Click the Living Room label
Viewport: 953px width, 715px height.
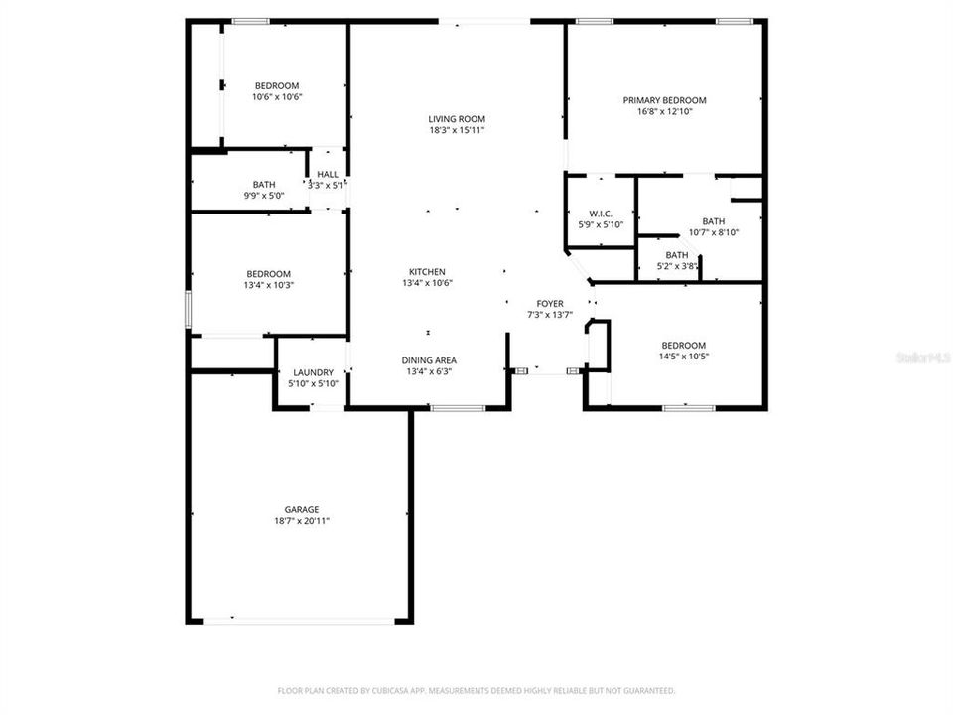457,119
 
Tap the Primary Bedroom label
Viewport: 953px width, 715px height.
664,100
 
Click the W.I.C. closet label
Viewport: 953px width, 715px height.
601,214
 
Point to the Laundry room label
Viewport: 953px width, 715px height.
313,372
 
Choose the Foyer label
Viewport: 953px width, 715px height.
550,304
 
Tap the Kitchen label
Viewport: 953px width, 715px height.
427,272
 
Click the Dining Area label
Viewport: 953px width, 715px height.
429,360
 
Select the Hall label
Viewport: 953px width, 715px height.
328,175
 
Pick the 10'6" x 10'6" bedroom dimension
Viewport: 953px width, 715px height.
276,97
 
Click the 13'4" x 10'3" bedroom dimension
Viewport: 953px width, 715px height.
269,285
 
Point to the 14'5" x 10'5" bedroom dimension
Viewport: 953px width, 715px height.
684,357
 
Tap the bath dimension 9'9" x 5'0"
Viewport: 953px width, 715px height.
264,196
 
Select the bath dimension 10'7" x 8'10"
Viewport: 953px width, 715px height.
713,232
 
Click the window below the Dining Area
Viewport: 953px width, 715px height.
458,407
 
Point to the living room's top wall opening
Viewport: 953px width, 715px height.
485,21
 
